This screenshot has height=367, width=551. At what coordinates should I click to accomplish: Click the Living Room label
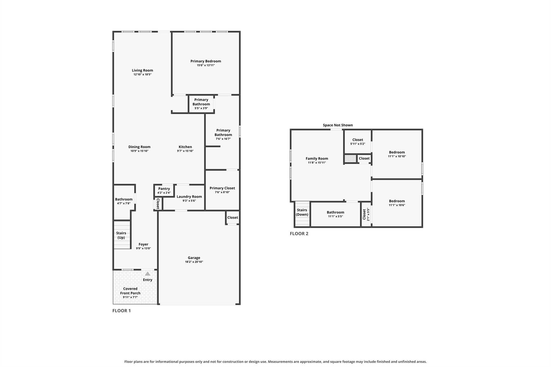[x=142, y=70]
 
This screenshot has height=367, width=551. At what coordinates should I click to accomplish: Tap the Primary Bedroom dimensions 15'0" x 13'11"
[x=206, y=65]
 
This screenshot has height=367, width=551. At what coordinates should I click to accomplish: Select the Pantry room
[x=164, y=191]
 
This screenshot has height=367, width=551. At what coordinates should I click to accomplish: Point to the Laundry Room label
[x=189, y=197]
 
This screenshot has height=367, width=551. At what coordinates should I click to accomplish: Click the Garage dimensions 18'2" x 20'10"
[x=194, y=262]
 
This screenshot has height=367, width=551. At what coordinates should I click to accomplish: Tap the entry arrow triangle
[x=148, y=274]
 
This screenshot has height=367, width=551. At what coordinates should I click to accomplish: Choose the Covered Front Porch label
[x=130, y=291]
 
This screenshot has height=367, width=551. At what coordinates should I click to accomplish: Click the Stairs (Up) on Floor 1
[x=122, y=235]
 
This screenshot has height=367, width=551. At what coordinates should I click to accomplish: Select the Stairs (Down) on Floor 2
[x=302, y=214]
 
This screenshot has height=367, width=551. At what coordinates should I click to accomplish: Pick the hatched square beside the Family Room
[x=350, y=159]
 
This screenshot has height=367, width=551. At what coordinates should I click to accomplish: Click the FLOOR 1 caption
[x=122, y=311]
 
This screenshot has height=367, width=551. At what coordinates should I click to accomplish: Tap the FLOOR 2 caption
[x=299, y=234]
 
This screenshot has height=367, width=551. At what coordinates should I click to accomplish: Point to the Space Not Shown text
[x=338, y=125]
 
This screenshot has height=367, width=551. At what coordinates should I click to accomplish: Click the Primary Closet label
[x=222, y=188]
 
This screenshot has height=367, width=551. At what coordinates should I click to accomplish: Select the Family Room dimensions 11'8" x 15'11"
[x=317, y=163]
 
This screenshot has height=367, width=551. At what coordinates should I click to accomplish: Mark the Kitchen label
[x=185, y=147]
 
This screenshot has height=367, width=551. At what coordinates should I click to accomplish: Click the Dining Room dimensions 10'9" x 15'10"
[x=139, y=151]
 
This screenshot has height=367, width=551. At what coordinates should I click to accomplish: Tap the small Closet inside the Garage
[x=233, y=218]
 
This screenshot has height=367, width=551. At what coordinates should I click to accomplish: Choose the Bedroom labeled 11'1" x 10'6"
[x=397, y=203]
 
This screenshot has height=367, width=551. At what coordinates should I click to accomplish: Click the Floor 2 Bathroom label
[x=335, y=212]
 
